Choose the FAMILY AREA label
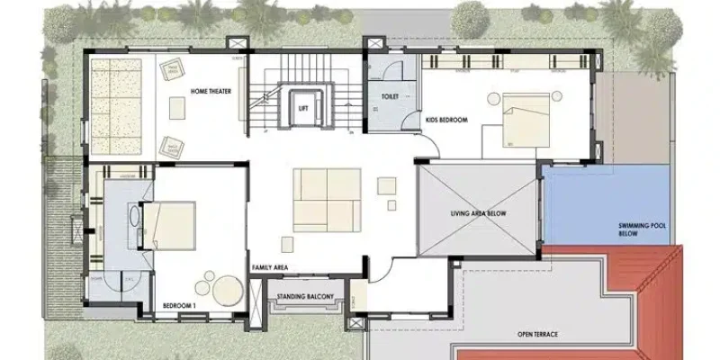click(x=269, y=267)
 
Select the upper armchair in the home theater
click(x=170, y=67)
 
